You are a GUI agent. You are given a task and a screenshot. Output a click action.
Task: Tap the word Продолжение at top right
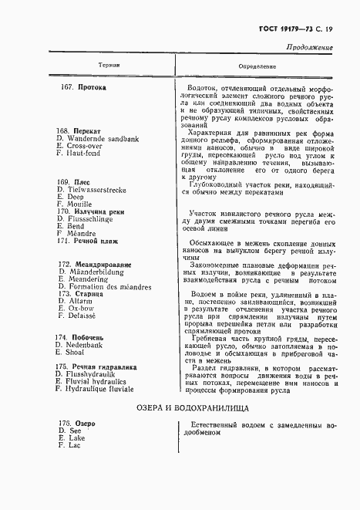(309, 48)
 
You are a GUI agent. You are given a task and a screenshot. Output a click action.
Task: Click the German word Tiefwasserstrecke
(103, 190)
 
